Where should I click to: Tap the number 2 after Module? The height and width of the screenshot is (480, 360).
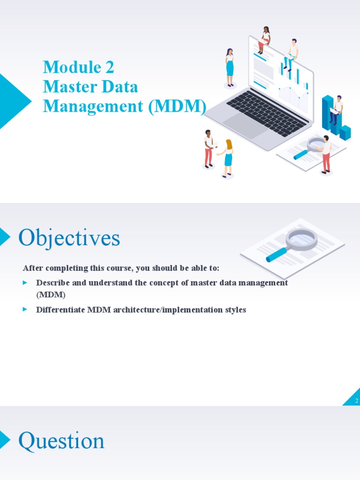(x=109, y=67)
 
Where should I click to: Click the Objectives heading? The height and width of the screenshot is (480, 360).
(x=69, y=238)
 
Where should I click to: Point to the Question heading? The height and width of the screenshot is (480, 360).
(x=61, y=441)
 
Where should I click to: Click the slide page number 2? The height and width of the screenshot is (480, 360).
(x=356, y=401)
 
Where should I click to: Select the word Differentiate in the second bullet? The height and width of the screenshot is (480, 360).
(x=60, y=310)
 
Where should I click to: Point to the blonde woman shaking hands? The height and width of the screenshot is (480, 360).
(x=228, y=157)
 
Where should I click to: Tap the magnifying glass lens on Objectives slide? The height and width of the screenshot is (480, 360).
(x=301, y=239)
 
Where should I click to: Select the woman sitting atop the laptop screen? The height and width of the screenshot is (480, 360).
(x=265, y=40)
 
